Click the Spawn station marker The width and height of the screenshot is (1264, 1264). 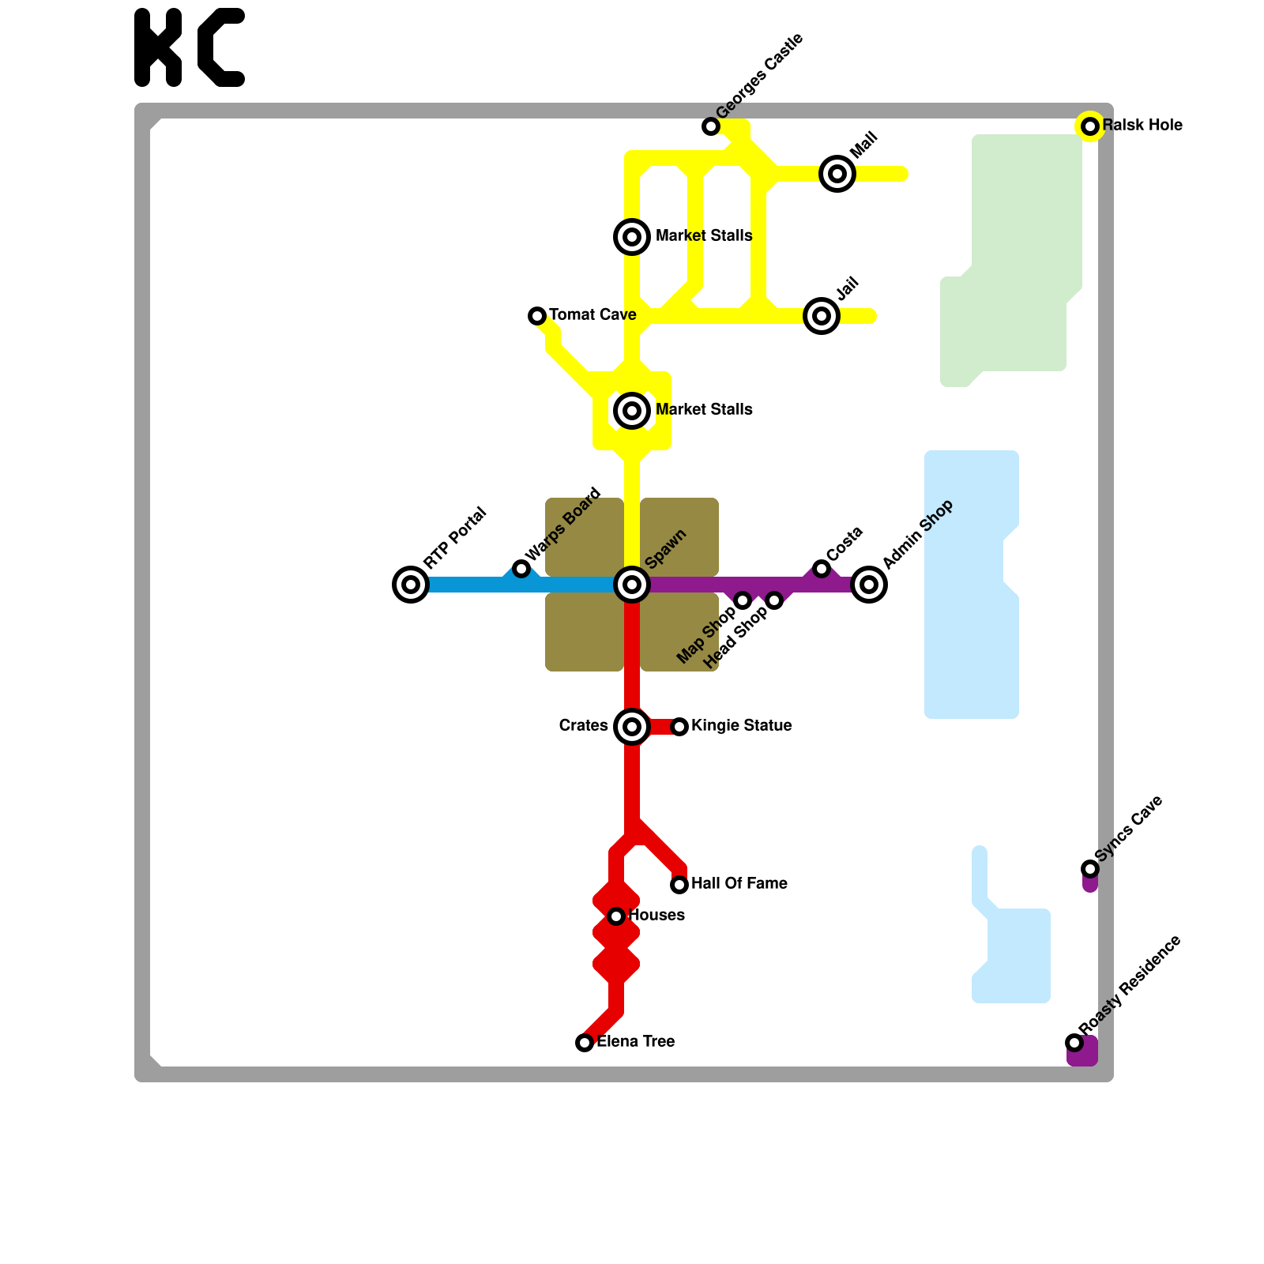632,585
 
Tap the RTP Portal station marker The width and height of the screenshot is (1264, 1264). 411,585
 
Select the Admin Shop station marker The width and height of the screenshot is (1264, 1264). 869,585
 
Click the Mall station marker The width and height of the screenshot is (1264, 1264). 837,174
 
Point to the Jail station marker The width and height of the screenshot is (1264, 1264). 822,316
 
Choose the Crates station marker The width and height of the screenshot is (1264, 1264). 632,727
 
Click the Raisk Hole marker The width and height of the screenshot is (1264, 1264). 1090,126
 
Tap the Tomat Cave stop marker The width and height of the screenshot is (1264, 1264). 537,316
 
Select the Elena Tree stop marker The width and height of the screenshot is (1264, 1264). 585,1043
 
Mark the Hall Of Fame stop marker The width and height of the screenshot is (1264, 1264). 679,885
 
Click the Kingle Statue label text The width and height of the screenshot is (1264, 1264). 741,726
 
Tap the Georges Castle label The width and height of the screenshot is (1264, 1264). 759,76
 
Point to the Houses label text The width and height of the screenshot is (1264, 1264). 656,916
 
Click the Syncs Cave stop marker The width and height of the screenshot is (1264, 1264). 1090,869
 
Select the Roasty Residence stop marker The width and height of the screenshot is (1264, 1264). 1074,1043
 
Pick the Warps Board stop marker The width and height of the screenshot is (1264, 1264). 521,569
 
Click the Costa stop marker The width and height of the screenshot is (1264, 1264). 822,569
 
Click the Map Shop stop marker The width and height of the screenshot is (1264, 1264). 743,600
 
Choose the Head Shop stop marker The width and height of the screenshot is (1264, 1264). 774,600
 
